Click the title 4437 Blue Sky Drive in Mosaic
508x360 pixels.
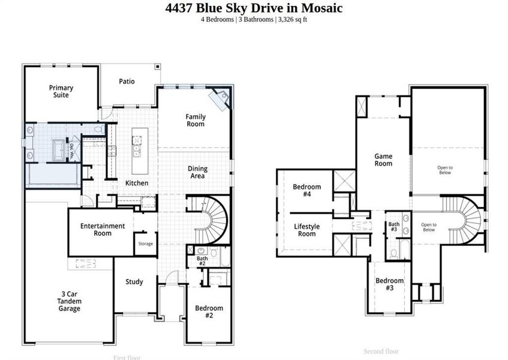point(254,8)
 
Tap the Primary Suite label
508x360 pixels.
point(61,91)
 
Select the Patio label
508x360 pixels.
point(127,82)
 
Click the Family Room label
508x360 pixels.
point(196,120)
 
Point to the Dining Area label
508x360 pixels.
point(197,172)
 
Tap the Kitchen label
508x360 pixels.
point(137,183)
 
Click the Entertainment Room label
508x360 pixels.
point(103,229)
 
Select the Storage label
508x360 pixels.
point(146,244)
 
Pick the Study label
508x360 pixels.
point(134,282)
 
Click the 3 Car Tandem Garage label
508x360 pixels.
point(66,301)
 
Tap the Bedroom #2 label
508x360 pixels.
point(209,311)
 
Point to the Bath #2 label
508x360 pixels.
point(202,260)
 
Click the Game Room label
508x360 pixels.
point(383,160)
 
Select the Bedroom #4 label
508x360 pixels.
point(306,190)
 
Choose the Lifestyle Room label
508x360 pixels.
point(306,230)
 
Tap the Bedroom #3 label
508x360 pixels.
point(389,284)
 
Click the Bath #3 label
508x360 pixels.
point(393,227)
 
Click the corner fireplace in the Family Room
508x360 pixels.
point(220,98)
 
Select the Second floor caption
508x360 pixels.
point(381,352)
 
